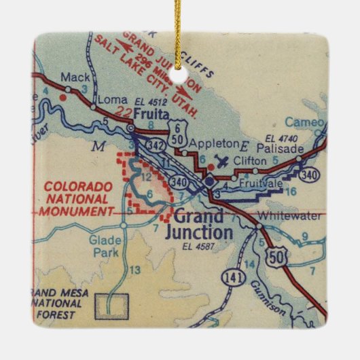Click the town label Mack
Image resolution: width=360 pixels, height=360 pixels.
click(x=75, y=77)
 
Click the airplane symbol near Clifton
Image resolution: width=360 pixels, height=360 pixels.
click(x=222, y=162)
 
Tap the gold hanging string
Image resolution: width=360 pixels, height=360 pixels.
click(x=180, y=34)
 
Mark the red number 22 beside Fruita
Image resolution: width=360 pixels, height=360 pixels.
click(x=123, y=112)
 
